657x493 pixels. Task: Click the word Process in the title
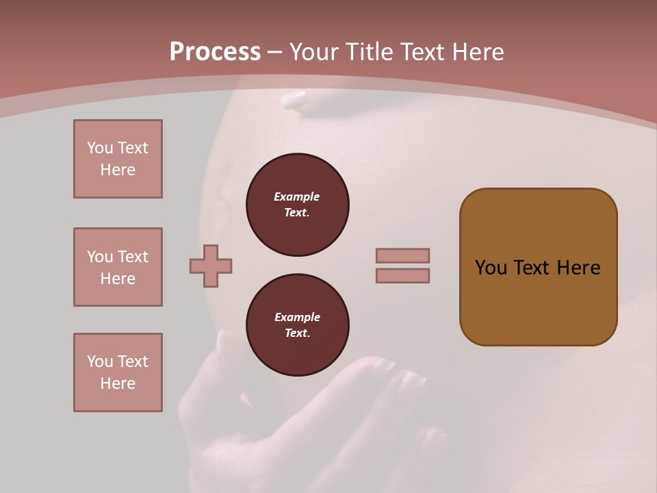coord(215,52)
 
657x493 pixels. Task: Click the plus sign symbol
coord(211,266)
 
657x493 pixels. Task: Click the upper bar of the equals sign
coord(402,255)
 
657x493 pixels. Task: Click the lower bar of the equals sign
coord(402,275)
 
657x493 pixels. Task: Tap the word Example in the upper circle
coord(297,197)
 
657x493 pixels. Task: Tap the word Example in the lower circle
coord(297,317)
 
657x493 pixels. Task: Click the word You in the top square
coord(99,148)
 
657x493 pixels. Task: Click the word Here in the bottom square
coord(118,383)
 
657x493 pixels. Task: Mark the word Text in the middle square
coord(132,257)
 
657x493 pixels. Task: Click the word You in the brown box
coord(491,268)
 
